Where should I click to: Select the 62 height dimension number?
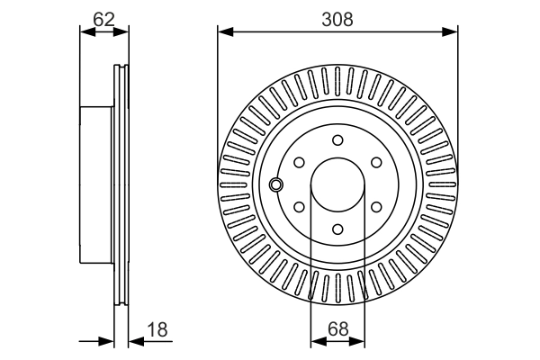tap(104, 17)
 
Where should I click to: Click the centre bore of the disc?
tap(338, 185)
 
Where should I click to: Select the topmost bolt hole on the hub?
tap(338, 139)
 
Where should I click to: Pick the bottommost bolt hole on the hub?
tap(338, 230)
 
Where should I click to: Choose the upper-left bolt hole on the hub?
tap(299, 163)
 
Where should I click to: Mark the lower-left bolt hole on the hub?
tap(299, 208)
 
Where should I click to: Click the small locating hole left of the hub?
tap(276, 184)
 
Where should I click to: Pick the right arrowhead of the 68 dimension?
tap(362, 341)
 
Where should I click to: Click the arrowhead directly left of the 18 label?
tap(134, 341)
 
